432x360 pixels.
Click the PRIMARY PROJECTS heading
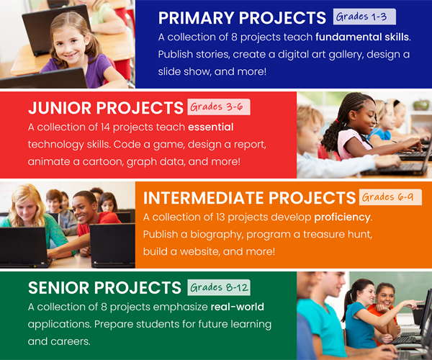242,17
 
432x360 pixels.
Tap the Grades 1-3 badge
364,17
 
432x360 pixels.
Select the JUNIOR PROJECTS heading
105,108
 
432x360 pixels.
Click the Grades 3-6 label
217,107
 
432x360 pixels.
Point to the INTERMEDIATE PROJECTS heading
249,198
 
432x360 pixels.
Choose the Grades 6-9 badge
387,197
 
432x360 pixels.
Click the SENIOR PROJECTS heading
105,288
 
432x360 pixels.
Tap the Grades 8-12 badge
220,288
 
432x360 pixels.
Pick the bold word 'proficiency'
343,217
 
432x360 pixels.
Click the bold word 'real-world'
238,307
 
